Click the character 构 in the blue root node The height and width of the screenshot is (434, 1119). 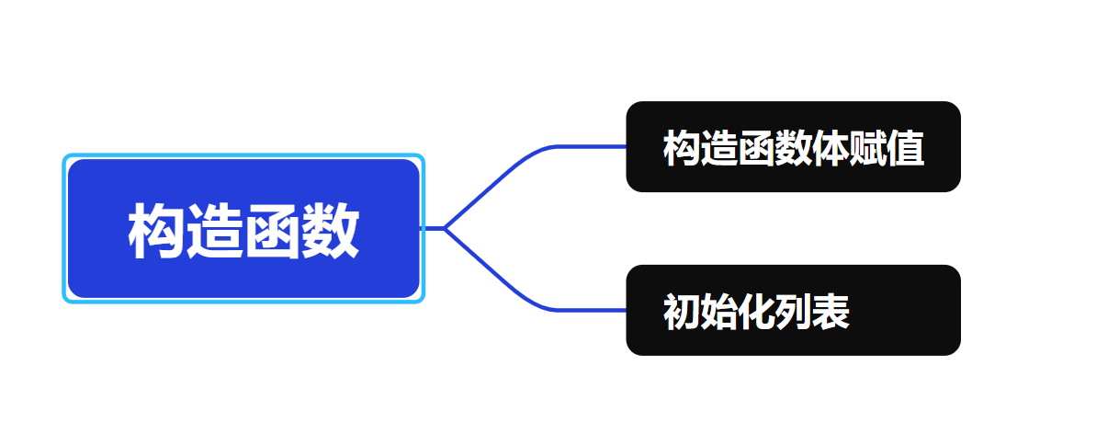156,231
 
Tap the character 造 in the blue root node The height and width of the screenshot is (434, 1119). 214,231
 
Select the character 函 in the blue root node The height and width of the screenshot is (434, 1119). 273,231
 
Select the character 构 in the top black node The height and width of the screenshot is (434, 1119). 681,148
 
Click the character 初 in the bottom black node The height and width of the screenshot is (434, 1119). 681,313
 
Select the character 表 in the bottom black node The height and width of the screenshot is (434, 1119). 831,313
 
